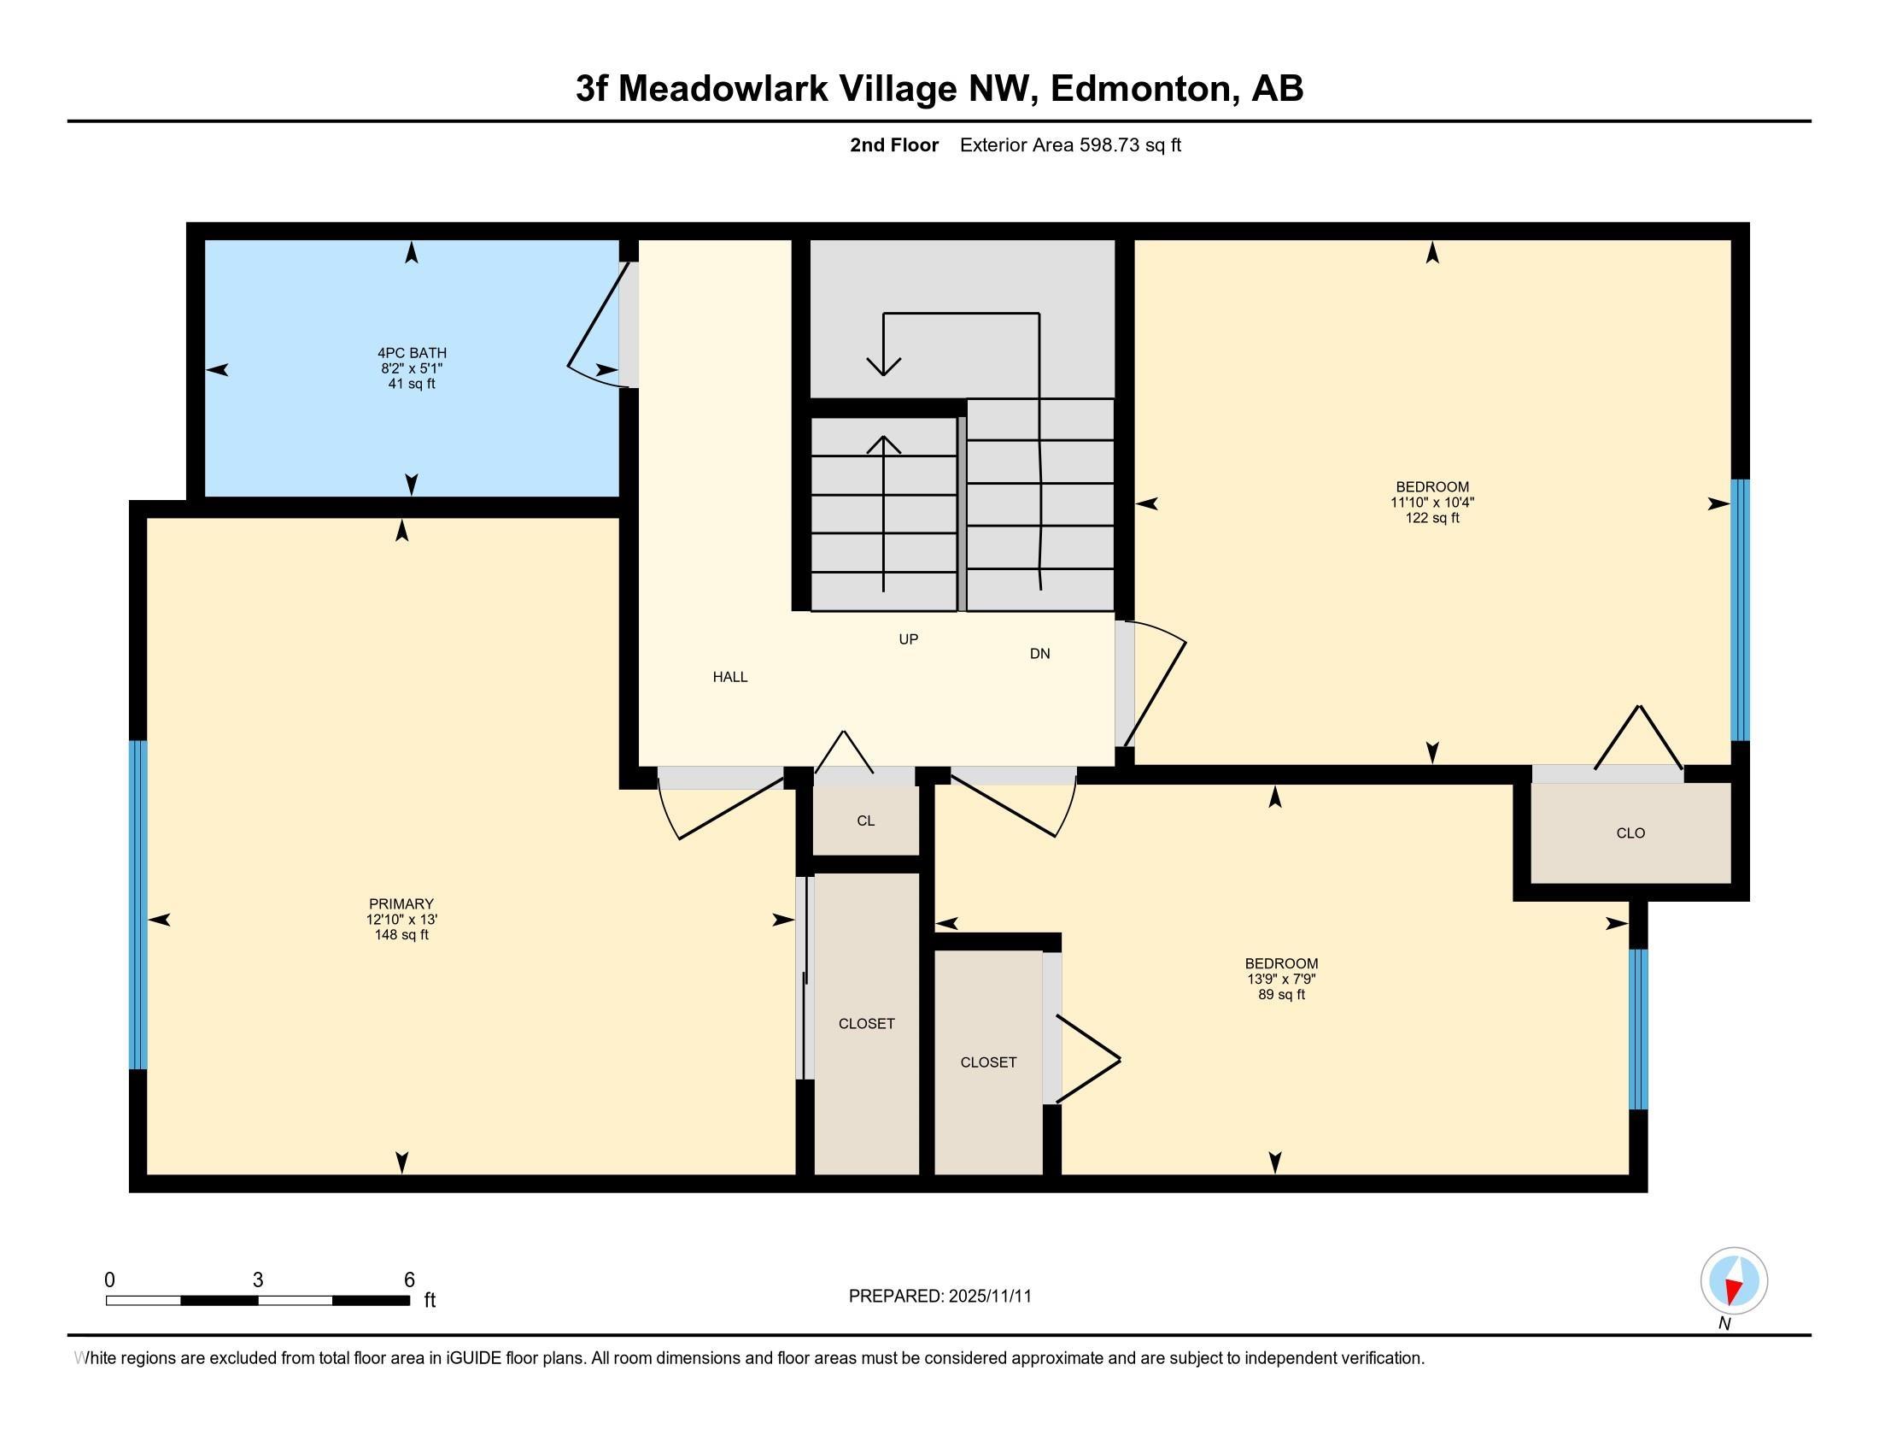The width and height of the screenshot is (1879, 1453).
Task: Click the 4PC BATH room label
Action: coord(412,353)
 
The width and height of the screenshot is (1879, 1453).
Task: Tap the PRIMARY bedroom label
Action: coord(401,903)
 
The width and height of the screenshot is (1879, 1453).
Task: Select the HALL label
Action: coord(729,678)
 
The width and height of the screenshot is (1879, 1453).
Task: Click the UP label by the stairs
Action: coord(909,639)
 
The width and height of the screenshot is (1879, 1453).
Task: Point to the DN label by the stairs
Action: coord(1040,654)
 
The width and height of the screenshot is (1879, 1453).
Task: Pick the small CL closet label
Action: coord(865,821)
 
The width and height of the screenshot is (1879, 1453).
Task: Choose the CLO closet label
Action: coord(1630,833)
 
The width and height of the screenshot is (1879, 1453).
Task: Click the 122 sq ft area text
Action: coord(1432,518)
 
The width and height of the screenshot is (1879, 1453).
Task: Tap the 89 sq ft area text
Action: coord(1281,995)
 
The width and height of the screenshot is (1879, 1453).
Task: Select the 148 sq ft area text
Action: coord(401,935)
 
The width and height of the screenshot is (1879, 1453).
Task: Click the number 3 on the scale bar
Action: coord(258,1280)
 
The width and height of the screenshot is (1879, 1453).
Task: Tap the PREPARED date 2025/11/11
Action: coord(988,1297)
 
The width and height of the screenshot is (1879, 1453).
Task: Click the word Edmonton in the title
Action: coord(1144,89)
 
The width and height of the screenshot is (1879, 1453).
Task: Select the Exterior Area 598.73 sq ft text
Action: coord(1070,145)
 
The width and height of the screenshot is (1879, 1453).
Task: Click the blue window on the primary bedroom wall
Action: coord(138,904)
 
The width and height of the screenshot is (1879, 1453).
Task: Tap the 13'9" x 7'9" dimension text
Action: coord(1281,979)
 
